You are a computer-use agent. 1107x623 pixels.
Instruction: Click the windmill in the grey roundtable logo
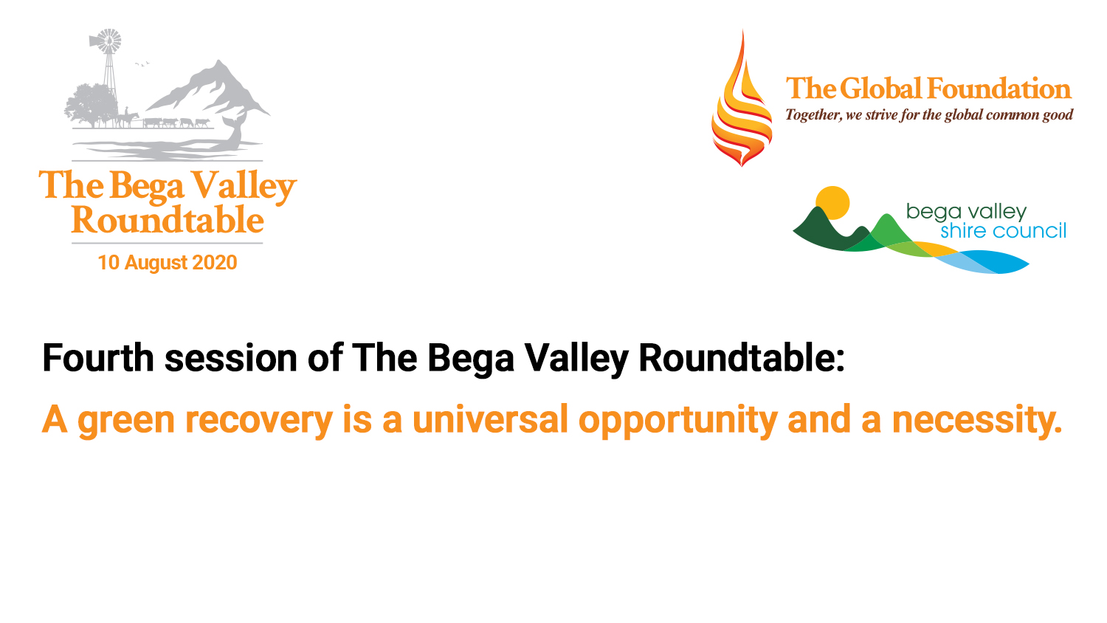(109, 74)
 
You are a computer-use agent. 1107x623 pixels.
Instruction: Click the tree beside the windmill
(90, 105)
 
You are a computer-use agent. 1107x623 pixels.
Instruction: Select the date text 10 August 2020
(167, 263)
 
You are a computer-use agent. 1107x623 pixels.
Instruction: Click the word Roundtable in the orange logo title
(168, 219)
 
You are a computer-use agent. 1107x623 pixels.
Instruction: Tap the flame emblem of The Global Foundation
(741, 99)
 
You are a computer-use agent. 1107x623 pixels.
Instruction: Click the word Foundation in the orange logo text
(999, 89)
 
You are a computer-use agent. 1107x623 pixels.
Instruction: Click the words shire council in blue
(1003, 231)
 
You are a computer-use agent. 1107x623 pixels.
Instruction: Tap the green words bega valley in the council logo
(966, 212)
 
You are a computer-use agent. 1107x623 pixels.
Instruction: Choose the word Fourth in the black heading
(98, 357)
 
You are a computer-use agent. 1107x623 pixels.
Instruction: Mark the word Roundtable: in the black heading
(742, 357)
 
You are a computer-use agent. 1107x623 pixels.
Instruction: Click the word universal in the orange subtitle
(490, 419)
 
